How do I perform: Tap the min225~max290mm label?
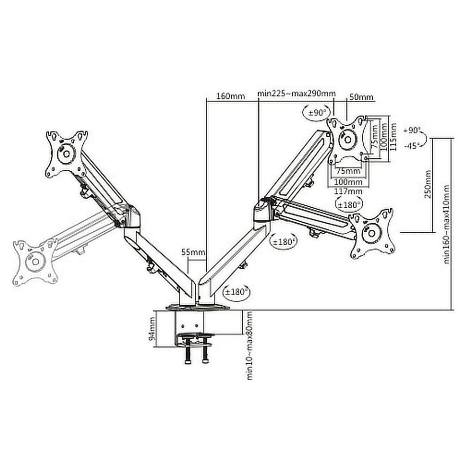pos(296,93)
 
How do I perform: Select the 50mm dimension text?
pos(361,97)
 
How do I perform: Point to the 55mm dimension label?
pos(193,252)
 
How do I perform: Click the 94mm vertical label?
pos(153,329)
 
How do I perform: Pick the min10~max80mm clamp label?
pos(249,346)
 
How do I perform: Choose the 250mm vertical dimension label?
pos(428,184)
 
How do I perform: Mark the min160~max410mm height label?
pos(447,224)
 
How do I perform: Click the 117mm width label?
pos(348,191)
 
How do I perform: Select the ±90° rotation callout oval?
pos(316,113)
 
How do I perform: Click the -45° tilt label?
pos(411,146)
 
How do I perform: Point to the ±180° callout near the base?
pos(236,292)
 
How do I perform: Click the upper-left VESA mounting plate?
pos(67,154)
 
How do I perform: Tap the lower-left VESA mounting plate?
pos(35,262)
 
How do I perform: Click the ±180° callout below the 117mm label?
pos(349,205)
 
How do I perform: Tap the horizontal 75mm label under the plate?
pos(349,171)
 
